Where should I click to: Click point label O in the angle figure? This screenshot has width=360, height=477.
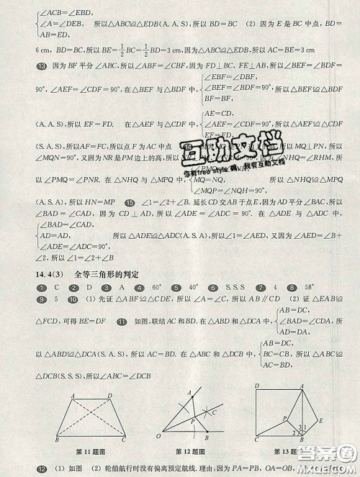pos(160,437)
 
